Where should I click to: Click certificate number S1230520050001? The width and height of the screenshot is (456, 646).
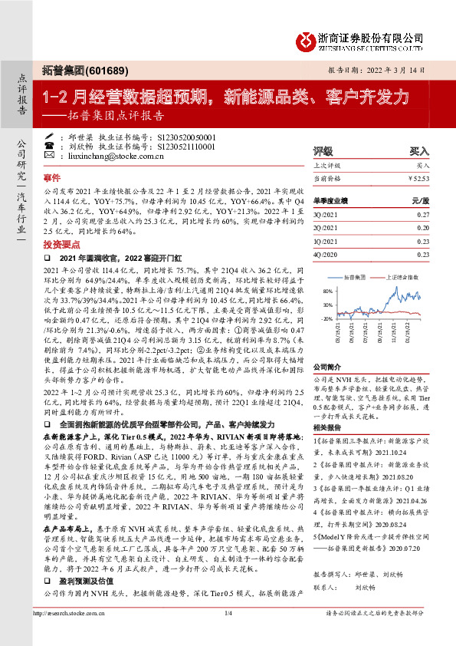click(187, 135)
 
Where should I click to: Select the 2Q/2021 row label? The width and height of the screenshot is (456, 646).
click(325, 227)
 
